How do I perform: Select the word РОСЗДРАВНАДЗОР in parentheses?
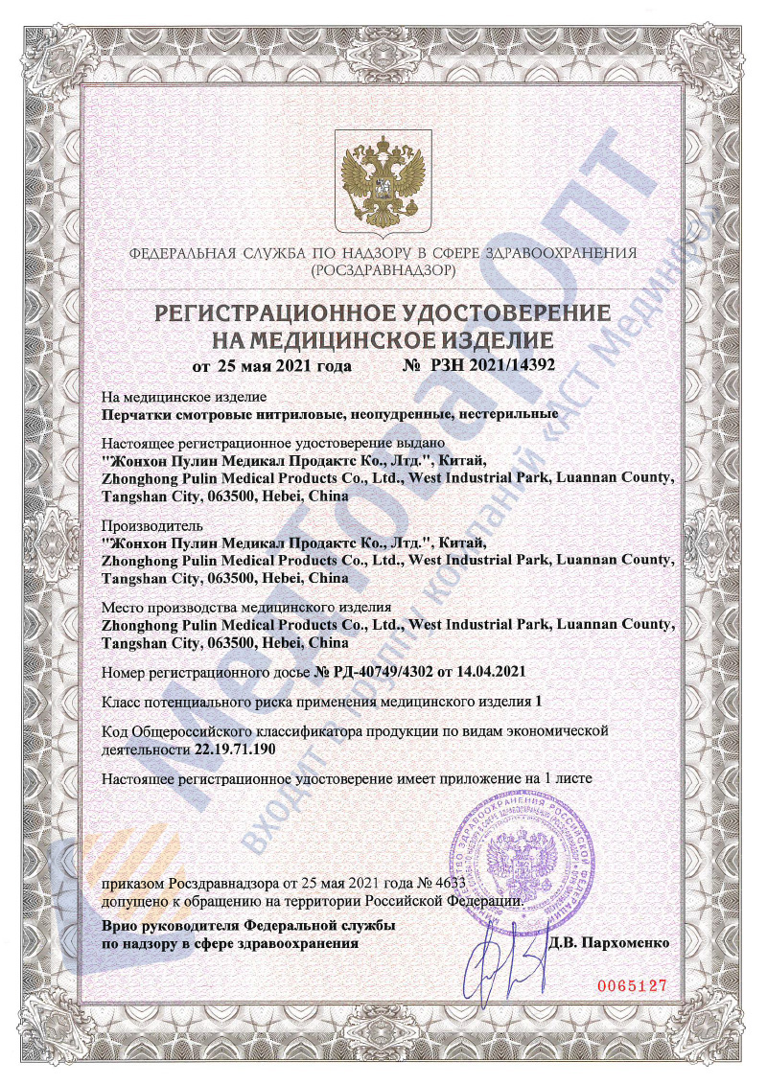coord(383,271)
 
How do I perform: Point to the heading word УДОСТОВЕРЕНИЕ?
coord(498,313)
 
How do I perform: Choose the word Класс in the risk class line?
coord(121,702)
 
